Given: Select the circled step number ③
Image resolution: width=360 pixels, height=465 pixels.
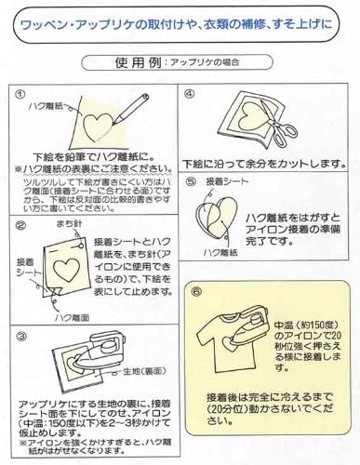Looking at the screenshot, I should tap(20, 332).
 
